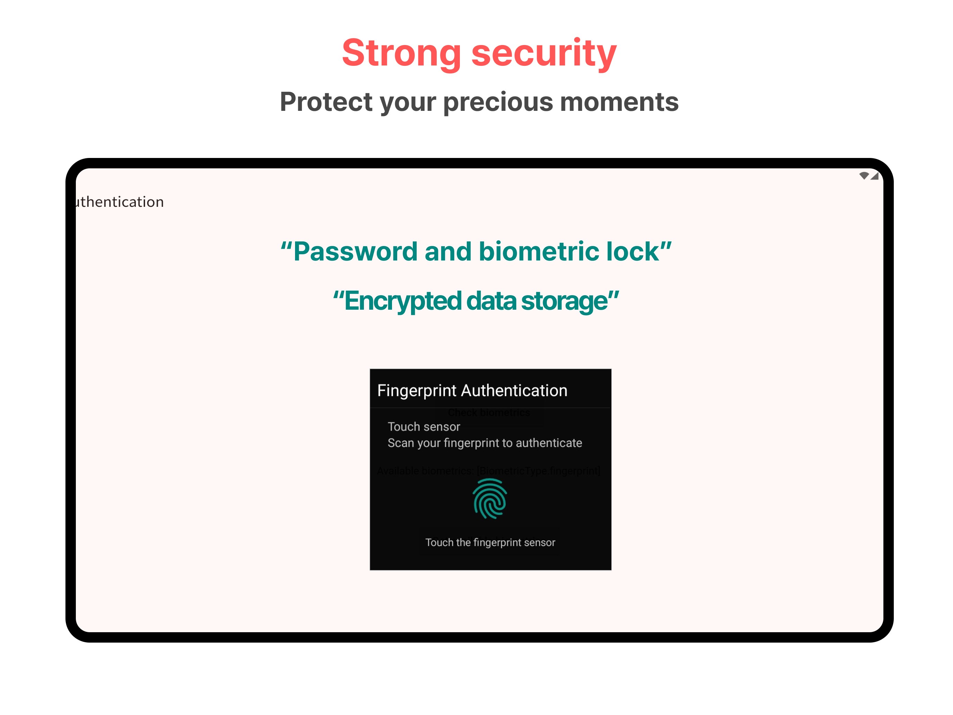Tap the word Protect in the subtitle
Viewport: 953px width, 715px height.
click(x=326, y=102)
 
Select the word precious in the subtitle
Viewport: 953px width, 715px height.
click(x=498, y=102)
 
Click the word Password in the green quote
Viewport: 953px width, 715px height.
click(x=355, y=252)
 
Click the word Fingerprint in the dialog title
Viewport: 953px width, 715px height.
click(x=416, y=390)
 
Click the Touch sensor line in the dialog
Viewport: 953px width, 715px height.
click(x=424, y=427)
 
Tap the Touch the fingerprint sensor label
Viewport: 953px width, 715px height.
click(x=490, y=542)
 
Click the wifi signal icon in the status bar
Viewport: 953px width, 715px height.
click(x=864, y=175)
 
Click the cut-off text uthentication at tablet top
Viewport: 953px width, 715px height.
click(x=120, y=202)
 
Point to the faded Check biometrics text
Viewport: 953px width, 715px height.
click(x=489, y=413)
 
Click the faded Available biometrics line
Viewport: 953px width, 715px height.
click(x=488, y=471)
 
